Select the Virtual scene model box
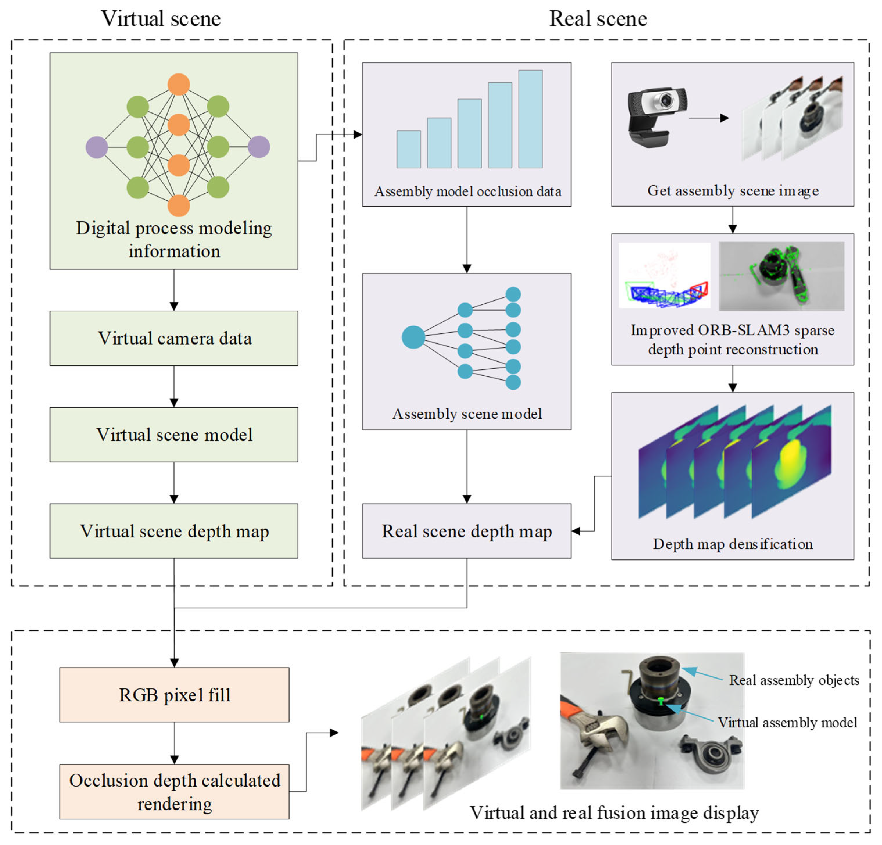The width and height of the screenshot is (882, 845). pyautogui.click(x=174, y=434)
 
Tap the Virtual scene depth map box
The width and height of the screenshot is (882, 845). pyautogui.click(x=174, y=531)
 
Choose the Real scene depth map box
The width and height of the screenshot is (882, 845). pyautogui.click(x=467, y=531)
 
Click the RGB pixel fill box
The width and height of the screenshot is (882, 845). pyautogui.click(x=174, y=695)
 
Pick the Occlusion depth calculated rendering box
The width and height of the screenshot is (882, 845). pyautogui.click(x=174, y=792)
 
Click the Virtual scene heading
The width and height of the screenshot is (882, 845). pyautogui.click(x=161, y=19)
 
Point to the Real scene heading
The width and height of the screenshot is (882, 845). pyautogui.click(x=598, y=19)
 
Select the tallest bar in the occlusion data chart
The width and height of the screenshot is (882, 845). pyautogui.click(x=530, y=119)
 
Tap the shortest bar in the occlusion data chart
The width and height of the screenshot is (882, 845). pyautogui.click(x=408, y=149)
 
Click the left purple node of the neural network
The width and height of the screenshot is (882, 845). pyautogui.click(x=97, y=147)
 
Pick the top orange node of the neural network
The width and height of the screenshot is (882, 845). pyautogui.click(x=179, y=84)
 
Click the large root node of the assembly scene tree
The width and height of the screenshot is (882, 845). pyautogui.click(x=413, y=337)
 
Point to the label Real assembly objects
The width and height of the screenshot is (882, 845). pyautogui.click(x=794, y=680)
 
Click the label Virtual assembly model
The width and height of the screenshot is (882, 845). pyautogui.click(x=788, y=722)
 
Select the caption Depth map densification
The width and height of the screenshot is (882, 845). pyautogui.click(x=733, y=544)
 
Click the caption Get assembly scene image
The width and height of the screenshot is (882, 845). pyautogui.click(x=733, y=191)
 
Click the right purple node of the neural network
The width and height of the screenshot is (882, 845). pyautogui.click(x=259, y=147)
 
